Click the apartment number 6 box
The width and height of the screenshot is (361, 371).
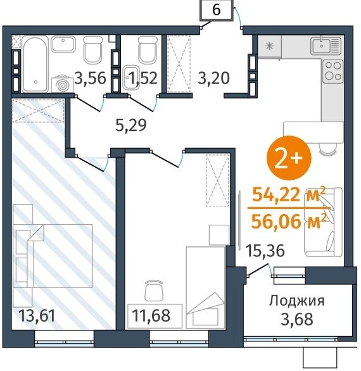pyautogui.click(x=217, y=10)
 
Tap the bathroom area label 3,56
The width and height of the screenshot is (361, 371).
pyautogui.click(x=90, y=78)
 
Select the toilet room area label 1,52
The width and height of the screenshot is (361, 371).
pyautogui.click(x=144, y=78)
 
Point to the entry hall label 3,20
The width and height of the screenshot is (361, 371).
pyautogui.click(x=213, y=78)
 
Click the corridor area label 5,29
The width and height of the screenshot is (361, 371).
pyautogui.click(x=131, y=125)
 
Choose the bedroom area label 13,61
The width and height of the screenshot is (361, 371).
pyautogui.click(x=37, y=316)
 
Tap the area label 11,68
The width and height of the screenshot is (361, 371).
pyautogui.click(x=151, y=316)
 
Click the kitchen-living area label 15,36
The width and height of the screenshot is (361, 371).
pyautogui.click(x=265, y=251)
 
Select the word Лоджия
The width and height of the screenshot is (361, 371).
pyautogui.click(x=297, y=301)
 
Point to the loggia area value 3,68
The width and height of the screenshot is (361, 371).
pyautogui.click(x=297, y=319)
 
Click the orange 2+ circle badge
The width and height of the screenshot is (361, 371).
pyautogui.click(x=289, y=158)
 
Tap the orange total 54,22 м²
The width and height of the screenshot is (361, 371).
pyautogui.click(x=289, y=195)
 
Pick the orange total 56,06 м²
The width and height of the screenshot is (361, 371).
pyautogui.click(x=289, y=222)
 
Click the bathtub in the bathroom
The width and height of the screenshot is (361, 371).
pyautogui.click(x=35, y=64)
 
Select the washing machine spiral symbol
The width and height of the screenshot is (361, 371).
pyautogui.click(x=63, y=84)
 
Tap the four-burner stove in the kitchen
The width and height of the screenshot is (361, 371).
pyautogui.click(x=333, y=71)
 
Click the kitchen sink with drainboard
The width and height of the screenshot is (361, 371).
pyautogui.click(x=326, y=45)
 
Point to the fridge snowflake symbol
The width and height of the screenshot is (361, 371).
pyautogui.click(x=269, y=46)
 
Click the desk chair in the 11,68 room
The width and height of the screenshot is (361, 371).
pyautogui.click(x=154, y=290)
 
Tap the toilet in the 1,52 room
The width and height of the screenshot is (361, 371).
pyautogui.click(x=148, y=49)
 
